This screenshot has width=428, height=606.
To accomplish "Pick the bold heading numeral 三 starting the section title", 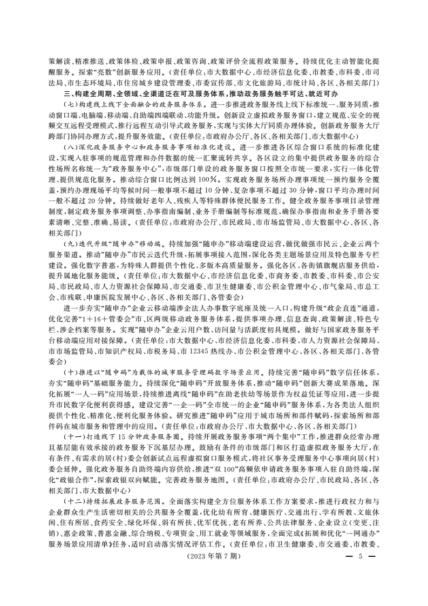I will (x=66, y=93).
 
